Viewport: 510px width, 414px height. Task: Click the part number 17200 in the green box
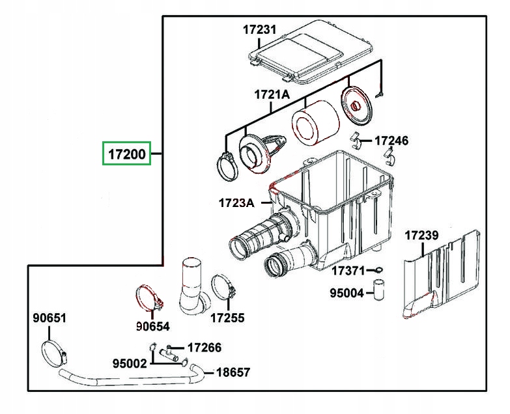click(x=126, y=155)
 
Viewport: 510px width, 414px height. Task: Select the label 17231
click(x=260, y=29)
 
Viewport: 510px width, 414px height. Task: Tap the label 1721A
click(x=272, y=94)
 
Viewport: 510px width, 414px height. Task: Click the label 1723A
click(x=236, y=202)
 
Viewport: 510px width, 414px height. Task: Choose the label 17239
click(x=421, y=235)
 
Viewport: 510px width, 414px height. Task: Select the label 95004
click(x=347, y=293)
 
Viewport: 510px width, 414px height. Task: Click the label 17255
click(x=227, y=318)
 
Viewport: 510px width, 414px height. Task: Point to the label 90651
click(x=50, y=318)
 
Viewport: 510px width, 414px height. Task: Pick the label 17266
click(x=204, y=348)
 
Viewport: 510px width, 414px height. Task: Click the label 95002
click(x=129, y=363)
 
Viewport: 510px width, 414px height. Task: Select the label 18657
click(x=233, y=372)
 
